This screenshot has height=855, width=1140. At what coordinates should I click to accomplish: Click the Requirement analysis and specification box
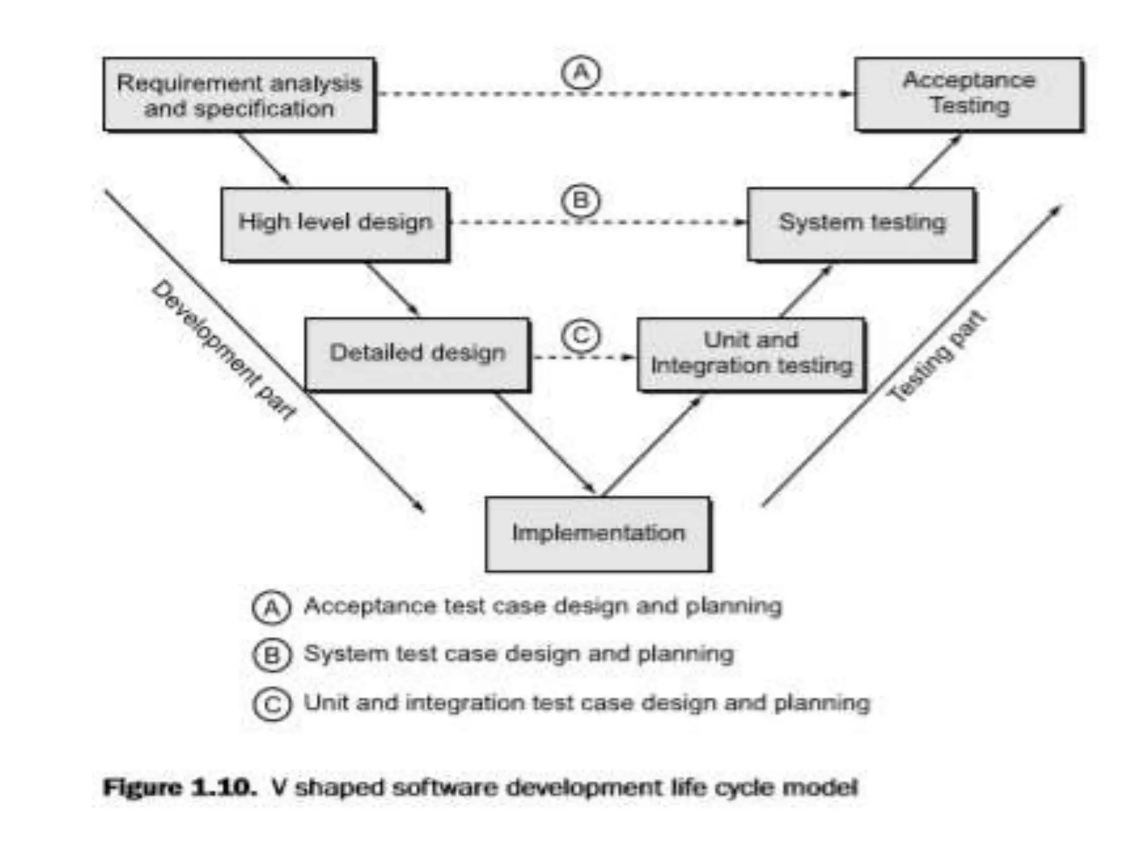tap(239, 95)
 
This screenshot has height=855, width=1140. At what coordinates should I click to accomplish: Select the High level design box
tap(335, 223)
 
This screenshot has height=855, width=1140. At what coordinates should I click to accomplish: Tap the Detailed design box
tap(417, 353)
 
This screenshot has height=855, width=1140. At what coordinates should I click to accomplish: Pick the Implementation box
tap(598, 534)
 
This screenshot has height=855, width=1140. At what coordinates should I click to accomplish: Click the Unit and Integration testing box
tap(751, 354)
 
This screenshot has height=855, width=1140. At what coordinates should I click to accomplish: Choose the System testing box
tap(861, 223)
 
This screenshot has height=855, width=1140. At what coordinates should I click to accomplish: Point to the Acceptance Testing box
tap(969, 94)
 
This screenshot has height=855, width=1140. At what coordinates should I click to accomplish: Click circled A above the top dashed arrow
tap(581, 73)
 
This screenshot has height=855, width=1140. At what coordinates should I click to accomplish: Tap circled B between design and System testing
tap(581, 200)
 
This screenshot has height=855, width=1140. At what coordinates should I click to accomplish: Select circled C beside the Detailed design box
tap(581, 336)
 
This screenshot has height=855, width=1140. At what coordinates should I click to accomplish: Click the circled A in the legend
tap(272, 607)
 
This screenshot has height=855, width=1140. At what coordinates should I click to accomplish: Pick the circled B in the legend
tap(272, 655)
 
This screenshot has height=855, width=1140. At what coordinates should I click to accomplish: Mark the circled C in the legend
tap(272, 704)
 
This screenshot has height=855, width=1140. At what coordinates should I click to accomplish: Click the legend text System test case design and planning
tap(518, 654)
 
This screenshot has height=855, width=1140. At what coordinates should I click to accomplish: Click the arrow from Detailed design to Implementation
tap(546, 443)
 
